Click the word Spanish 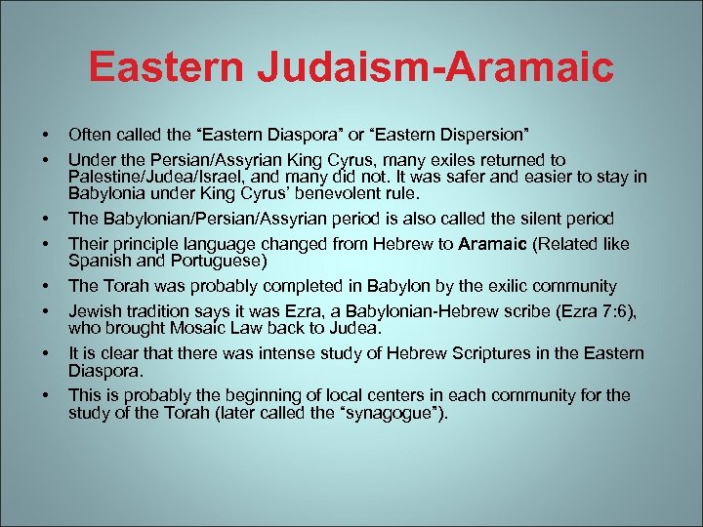coord(98,262)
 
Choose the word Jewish coord(94,310)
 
